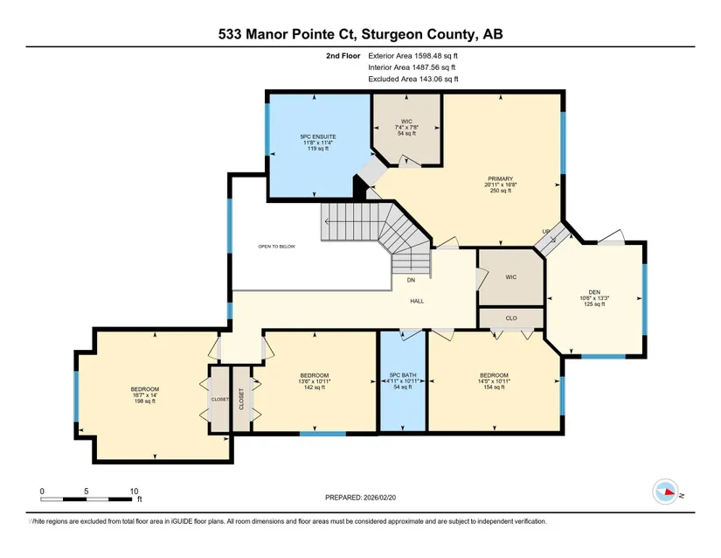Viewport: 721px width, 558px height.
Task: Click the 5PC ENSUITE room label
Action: [x=318, y=136]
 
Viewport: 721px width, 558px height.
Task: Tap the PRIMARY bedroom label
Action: [x=500, y=178]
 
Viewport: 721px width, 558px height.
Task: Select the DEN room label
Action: [x=594, y=292]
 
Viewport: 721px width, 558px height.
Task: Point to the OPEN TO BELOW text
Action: [x=276, y=247]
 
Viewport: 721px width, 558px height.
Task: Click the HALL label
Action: [x=417, y=301]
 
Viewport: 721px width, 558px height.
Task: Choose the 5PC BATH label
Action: [x=402, y=375]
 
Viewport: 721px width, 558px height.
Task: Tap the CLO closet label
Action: [x=511, y=317]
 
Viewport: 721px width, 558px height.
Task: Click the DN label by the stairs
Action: [x=411, y=280]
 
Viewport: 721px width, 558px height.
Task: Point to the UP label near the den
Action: [x=546, y=232]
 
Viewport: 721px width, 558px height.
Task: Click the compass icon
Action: [x=665, y=492]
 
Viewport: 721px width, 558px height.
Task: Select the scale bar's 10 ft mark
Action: [x=134, y=492]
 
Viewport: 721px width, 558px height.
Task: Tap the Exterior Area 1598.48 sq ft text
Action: [x=412, y=56]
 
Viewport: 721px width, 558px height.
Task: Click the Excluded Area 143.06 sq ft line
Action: [x=413, y=79]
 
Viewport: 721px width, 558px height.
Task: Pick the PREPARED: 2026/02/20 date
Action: [x=360, y=498]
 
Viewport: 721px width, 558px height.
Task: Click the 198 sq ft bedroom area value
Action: [x=145, y=401]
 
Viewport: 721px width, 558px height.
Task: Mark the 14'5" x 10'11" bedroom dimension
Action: [x=495, y=381]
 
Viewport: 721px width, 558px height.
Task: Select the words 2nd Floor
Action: [x=343, y=56]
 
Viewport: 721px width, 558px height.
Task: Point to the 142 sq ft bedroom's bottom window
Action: [x=322, y=434]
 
